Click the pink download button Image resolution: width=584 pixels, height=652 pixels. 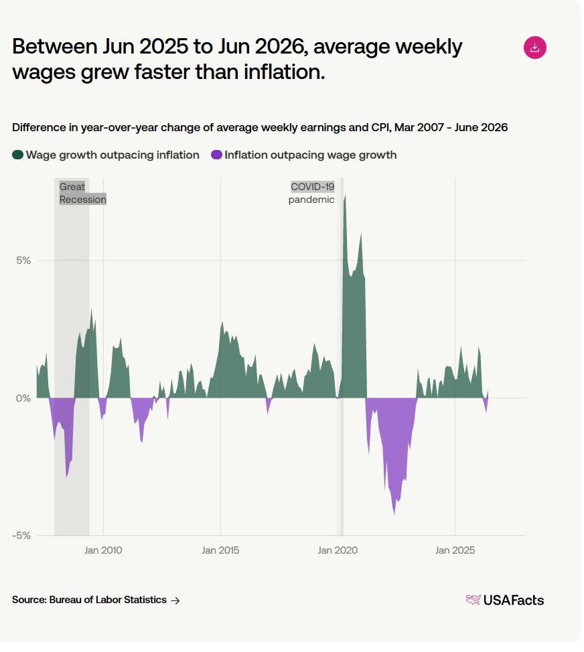(534, 48)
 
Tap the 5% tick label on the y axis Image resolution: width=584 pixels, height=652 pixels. (23, 260)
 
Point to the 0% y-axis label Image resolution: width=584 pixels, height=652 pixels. (23, 398)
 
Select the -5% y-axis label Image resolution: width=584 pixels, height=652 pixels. (21, 536)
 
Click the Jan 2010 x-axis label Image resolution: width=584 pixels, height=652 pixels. (103, 550)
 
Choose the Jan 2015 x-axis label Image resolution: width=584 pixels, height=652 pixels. (220, 550)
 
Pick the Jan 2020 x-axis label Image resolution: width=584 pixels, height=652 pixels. (338, 550)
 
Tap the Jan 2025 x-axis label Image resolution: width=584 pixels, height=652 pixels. (455, 550)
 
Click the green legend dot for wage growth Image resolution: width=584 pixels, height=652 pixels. (17, 155)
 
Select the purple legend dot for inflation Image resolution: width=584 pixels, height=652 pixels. (216, 155)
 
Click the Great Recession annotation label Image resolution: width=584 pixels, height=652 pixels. (83, 193)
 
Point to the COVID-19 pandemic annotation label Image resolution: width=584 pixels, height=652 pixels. (311, 193)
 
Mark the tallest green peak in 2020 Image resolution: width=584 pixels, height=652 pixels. (345, 195)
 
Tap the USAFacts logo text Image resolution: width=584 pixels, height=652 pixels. (513, 600)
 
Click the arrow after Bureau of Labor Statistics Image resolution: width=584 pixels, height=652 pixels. (175, 600)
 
